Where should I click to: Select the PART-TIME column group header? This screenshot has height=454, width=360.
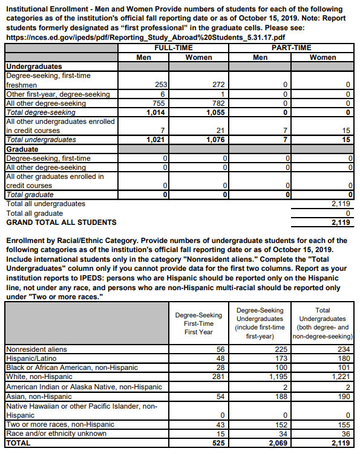tap(291, 47)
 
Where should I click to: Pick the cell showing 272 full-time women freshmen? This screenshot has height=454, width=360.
tap(218, 85)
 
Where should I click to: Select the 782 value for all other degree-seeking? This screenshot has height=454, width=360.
tap(218, 103)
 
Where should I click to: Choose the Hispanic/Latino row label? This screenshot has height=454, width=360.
tap(28, 357)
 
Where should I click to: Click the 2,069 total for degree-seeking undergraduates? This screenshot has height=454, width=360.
tap(276, 443)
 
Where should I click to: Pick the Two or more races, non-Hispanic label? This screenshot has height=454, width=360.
tap(60, 424)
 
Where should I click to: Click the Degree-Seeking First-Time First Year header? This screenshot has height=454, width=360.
tap(198, 323)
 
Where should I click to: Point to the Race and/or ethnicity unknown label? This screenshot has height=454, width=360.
tap(56, 433)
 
